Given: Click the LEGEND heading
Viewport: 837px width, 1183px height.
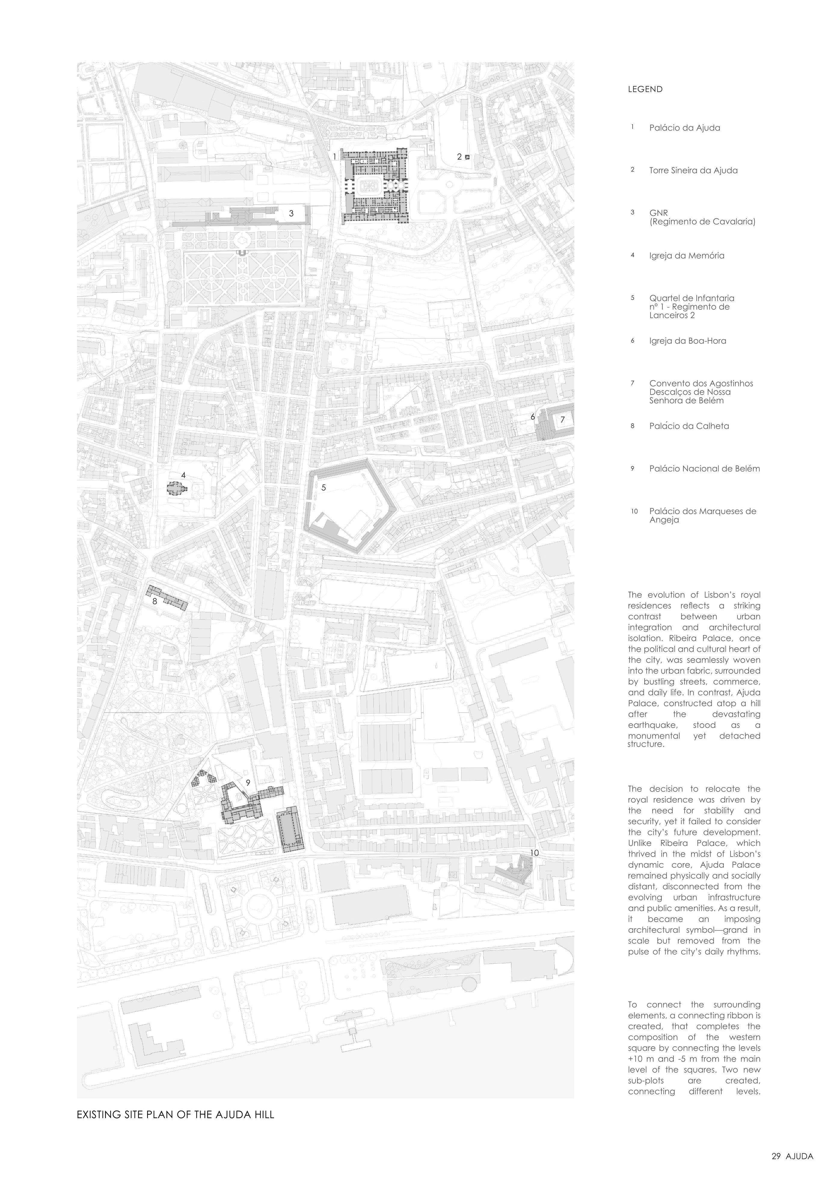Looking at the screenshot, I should [x=645, y=89].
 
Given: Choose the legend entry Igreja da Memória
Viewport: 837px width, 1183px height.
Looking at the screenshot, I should [x=686, y=256].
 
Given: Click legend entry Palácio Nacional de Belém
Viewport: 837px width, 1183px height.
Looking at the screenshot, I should [x=704, y=469].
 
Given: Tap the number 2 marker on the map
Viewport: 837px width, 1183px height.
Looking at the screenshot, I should [x=459, y=157].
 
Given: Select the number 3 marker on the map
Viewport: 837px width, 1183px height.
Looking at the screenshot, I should [x=291, y=213].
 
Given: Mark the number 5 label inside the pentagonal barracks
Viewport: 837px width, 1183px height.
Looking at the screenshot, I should [x=324, y=487].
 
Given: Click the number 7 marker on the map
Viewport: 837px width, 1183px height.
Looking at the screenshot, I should [x=562, y=419].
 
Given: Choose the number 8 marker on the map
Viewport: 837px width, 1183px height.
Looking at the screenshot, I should [x=154, y=601].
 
